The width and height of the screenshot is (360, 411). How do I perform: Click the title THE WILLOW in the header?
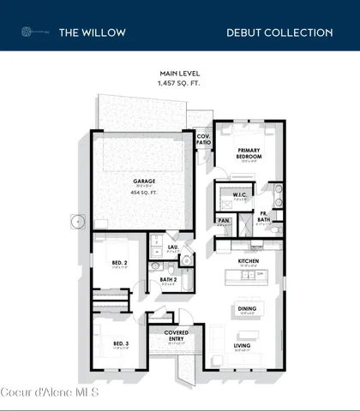[92, 33]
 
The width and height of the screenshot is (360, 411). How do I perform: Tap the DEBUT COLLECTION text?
[279, 33]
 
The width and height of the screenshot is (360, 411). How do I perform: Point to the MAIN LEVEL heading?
[179, 75]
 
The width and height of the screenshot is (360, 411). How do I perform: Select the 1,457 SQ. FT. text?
[179, 84]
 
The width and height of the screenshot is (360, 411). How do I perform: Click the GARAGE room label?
[143, 182]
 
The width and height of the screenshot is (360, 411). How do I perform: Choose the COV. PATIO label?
[203, 139]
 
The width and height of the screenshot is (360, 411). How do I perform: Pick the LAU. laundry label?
[172, 247]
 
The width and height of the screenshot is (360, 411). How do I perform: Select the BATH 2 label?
[168, 279]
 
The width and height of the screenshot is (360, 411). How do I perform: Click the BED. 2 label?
[120, 262]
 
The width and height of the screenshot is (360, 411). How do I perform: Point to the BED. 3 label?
[120, 343]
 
